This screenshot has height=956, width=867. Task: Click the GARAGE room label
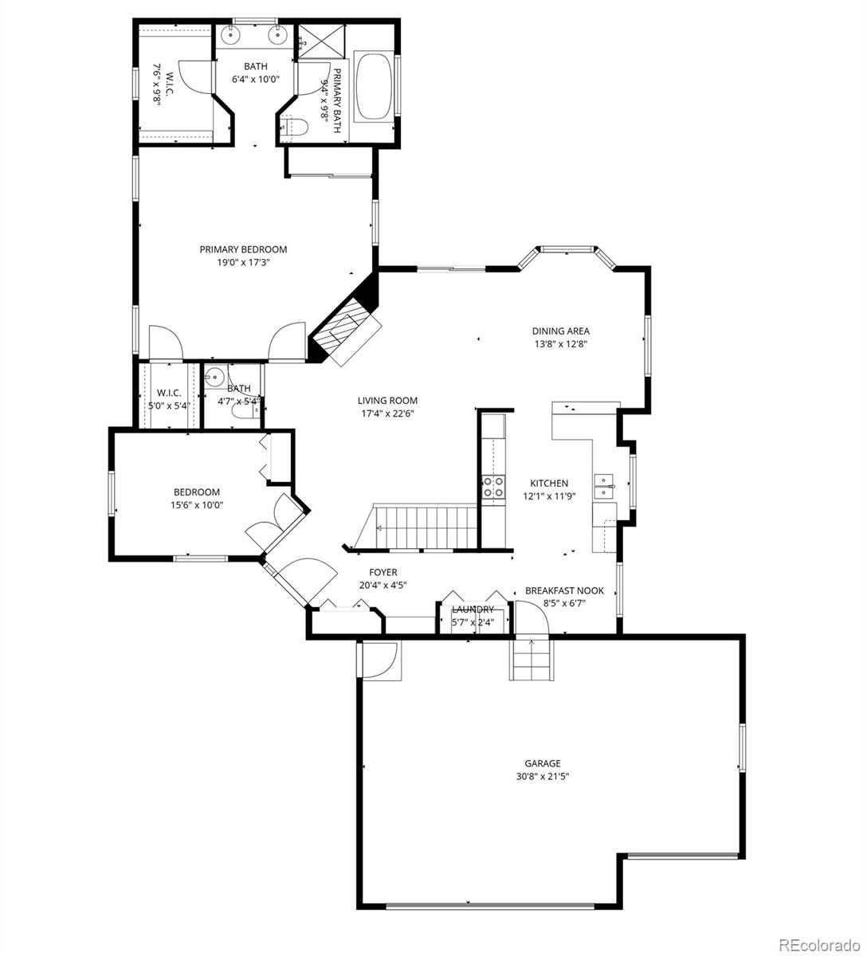tap(542, 762)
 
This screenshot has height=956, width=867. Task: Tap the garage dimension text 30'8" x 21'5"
tap(542, 775)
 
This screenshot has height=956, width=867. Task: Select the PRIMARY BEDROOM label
tap(243, 249)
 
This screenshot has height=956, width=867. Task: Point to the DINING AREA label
tap(561, 331)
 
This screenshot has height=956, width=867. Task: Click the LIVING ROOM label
tap(387, 401)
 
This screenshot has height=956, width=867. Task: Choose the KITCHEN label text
tap(549, 483)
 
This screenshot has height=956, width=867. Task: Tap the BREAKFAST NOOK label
tap(564, 590)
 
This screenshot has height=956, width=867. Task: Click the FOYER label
tap(382, 572)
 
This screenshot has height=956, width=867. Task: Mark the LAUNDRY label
tap(473, 609)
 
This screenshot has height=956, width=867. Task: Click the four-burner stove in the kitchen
tap(493, 486)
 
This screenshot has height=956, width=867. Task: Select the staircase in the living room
tap(422, 527)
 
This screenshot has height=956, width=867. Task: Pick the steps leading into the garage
tap(530, 659)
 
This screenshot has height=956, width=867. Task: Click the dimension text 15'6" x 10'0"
tap(198, 504)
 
